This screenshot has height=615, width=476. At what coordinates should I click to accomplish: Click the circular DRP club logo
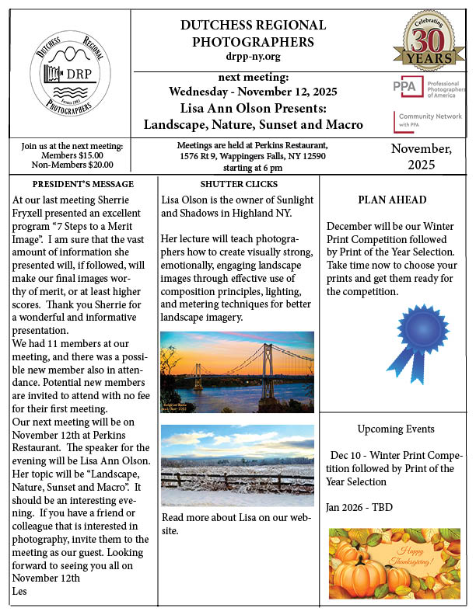click(x=68, y=74)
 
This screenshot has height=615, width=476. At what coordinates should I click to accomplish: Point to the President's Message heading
click(x=83, y=184)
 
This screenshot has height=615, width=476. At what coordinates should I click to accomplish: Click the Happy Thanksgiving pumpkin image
click(x=394, y=561)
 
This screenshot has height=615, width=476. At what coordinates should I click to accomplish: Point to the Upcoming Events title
click(x=395, y=429)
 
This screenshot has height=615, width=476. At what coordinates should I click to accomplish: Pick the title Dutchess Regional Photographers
click(x=247, y=33)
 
